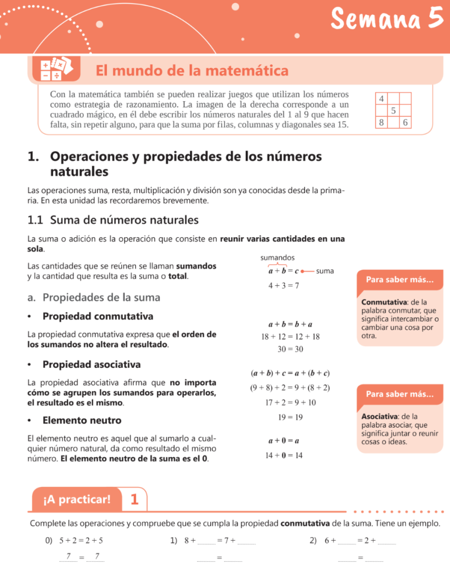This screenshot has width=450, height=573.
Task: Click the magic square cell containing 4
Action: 381,98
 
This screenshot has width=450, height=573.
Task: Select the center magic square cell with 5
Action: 393,110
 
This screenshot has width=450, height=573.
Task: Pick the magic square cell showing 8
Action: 381,122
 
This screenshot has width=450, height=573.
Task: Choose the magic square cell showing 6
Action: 405,122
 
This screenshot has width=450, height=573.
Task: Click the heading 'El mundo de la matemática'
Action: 192,71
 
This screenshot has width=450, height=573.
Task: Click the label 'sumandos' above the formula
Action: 278,257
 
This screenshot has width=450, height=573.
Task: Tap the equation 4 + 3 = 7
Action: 283,285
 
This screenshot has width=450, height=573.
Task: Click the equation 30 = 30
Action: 290,349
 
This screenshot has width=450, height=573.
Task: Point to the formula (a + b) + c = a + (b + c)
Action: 290,373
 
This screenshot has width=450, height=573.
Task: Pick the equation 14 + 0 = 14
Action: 284,455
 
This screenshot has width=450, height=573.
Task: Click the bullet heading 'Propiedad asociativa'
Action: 91,365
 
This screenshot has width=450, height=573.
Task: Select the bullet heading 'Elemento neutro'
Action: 82,420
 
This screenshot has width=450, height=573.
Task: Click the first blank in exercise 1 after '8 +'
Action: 205,542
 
